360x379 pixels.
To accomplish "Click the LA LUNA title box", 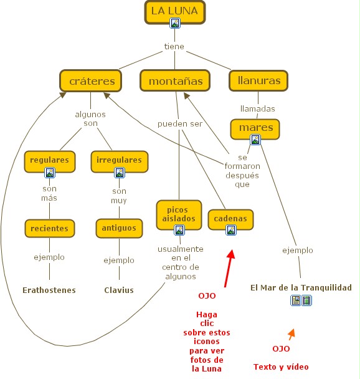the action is [x=175, y=12].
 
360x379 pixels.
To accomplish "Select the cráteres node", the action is [x=90, y=81].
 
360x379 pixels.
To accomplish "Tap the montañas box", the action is [x=175, y=80].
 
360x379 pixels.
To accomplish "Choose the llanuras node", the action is [x=258, y=80].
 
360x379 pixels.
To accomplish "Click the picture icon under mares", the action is [x=255, y=140].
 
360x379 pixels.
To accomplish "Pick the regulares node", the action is [x=50, y=161].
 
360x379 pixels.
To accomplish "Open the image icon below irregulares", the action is [x=120, y=173].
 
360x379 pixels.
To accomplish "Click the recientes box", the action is [x=50, y=228].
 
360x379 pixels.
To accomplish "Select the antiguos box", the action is [x=120, y=228].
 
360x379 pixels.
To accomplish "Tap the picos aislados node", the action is [x=179, y=214].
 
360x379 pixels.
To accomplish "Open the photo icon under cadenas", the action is [x=231, y=229].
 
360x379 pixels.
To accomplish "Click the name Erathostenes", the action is [x=49, y=290].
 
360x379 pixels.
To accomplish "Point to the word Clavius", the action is [x=119, y=290].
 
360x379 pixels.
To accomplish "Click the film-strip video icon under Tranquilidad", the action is [x=306, y=300].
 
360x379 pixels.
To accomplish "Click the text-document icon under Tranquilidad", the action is [x=296, y=300].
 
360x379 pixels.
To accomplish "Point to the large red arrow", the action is [x=229, y=268].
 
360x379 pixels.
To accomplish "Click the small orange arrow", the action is [x=291, y=334].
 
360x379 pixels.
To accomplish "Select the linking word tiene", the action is [x=174, y=46].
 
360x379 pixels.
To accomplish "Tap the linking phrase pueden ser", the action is [x=180, y=124].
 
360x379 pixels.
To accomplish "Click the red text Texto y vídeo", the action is [x=281, y=367].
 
